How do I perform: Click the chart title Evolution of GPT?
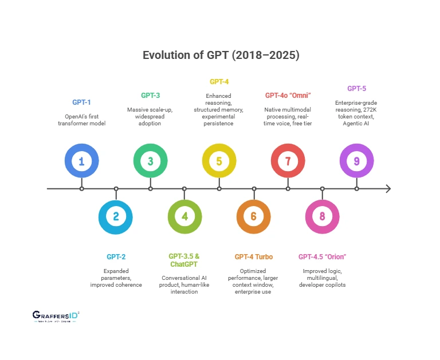click(x=221, y=56)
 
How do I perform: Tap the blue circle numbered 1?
click(x=81, y=161)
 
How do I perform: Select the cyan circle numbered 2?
click(x=116, y=216)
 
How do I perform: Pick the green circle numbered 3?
click(x=150, y=161)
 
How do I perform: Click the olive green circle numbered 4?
click(x=184, y=216)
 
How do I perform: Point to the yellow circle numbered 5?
click(x=219, y=161)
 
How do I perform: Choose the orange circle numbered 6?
click(x=254, y=216)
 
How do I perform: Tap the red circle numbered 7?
click(x=288, y=161)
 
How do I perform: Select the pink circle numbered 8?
click(x=323, y=216)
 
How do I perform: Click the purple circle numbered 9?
click(x=356, y=161)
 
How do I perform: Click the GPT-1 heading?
click(x=81, y=102)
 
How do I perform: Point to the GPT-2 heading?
click(x=116, y=257)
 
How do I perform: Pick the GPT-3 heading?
click(x=150, y=95)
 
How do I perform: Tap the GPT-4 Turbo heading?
click(x=254, y=257)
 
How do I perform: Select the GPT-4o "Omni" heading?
click(x=288, y=95)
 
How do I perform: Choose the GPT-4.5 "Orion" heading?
click(x=323, y=257)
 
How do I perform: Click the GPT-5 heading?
click(x=356, y=88)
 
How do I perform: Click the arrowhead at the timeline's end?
click(x=388, y=188)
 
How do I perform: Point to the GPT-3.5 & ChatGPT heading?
click(x=184, y=260)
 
